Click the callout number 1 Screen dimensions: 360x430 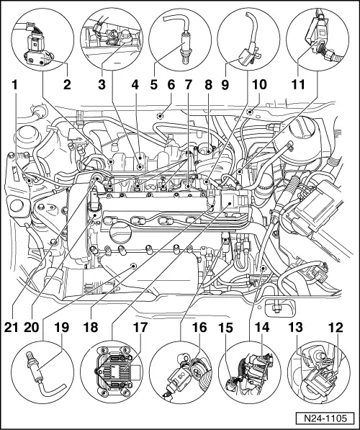[14, 85]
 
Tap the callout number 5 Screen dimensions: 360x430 [154, 85]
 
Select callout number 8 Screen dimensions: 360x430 [208, 85]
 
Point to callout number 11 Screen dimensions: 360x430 [298, 85]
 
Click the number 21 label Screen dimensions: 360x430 [11, 327]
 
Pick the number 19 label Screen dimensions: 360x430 [61, 327]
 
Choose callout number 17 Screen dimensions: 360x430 [140, 327]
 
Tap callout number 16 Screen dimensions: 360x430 [199, 327]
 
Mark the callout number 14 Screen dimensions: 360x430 [262, 327]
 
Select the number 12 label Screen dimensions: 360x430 [336, 327]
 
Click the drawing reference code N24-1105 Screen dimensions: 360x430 [325, 418]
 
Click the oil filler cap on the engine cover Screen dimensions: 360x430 [121, 233]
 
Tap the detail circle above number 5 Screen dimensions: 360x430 [180, 39]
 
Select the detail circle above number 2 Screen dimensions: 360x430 [42, 39]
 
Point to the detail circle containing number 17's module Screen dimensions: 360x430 [112, 372]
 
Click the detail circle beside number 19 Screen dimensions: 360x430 [42, 372]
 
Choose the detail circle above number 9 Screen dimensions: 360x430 [248, 39]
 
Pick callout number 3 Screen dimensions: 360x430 [102, 85]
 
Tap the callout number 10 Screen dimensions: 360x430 [259, 85]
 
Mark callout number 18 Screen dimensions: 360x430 [91, 327]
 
